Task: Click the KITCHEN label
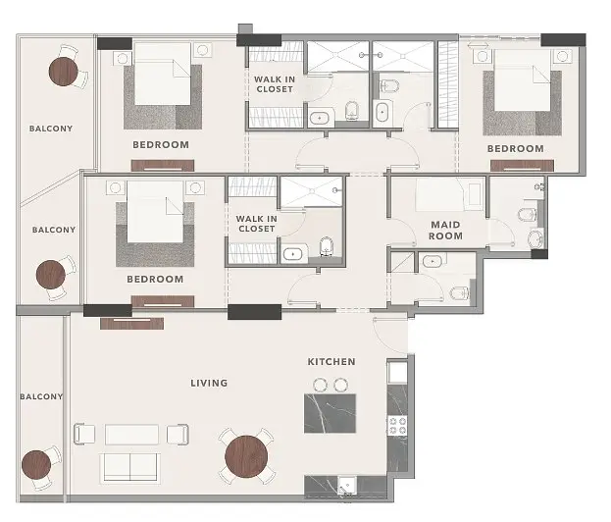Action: (x=331, y=362)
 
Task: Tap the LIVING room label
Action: (x=209, y=383)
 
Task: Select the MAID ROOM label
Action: (x=445, y=230)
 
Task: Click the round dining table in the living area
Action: (x=246, y=456)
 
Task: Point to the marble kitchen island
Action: (x=330, y=413)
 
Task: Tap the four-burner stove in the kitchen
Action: (x=397, y=425)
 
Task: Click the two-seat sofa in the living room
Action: (x=130, y=467)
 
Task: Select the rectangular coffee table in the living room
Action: (x=131, y=434)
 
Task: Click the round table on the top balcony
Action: (x=63, y=72)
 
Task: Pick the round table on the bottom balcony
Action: (x=36, y=465)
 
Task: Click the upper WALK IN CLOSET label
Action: (x=275, y=84)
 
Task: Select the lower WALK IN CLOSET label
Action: (x=256, y=224)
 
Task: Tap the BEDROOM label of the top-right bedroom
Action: (x=515, y=148)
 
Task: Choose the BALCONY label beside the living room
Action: (x=41, y=396)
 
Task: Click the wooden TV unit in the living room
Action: (x=131, y=323)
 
